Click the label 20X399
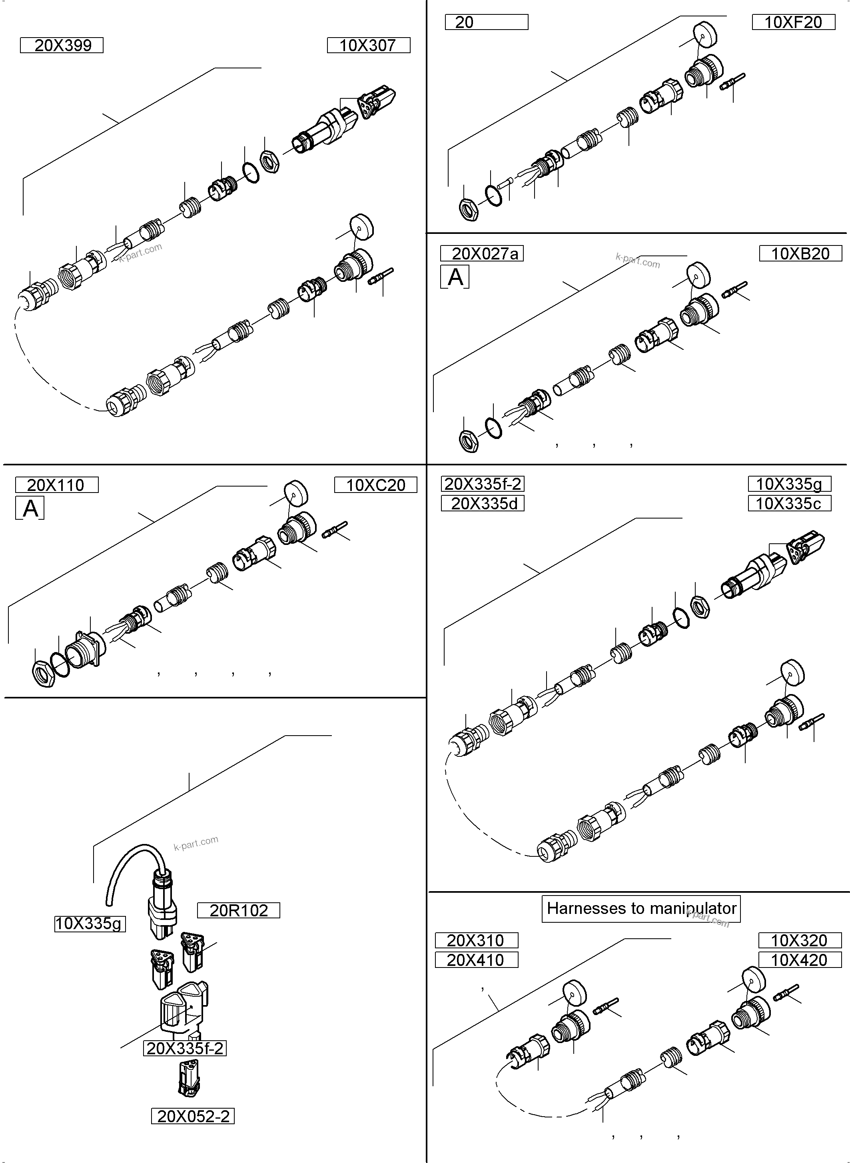62,45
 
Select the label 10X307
368,45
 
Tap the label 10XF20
793,22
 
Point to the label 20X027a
482,253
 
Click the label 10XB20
800,253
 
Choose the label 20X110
57,485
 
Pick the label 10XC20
375,485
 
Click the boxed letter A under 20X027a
455,277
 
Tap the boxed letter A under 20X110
30,508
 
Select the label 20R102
239,910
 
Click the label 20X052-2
193,1117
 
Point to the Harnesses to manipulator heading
641,908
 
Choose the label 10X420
799,960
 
